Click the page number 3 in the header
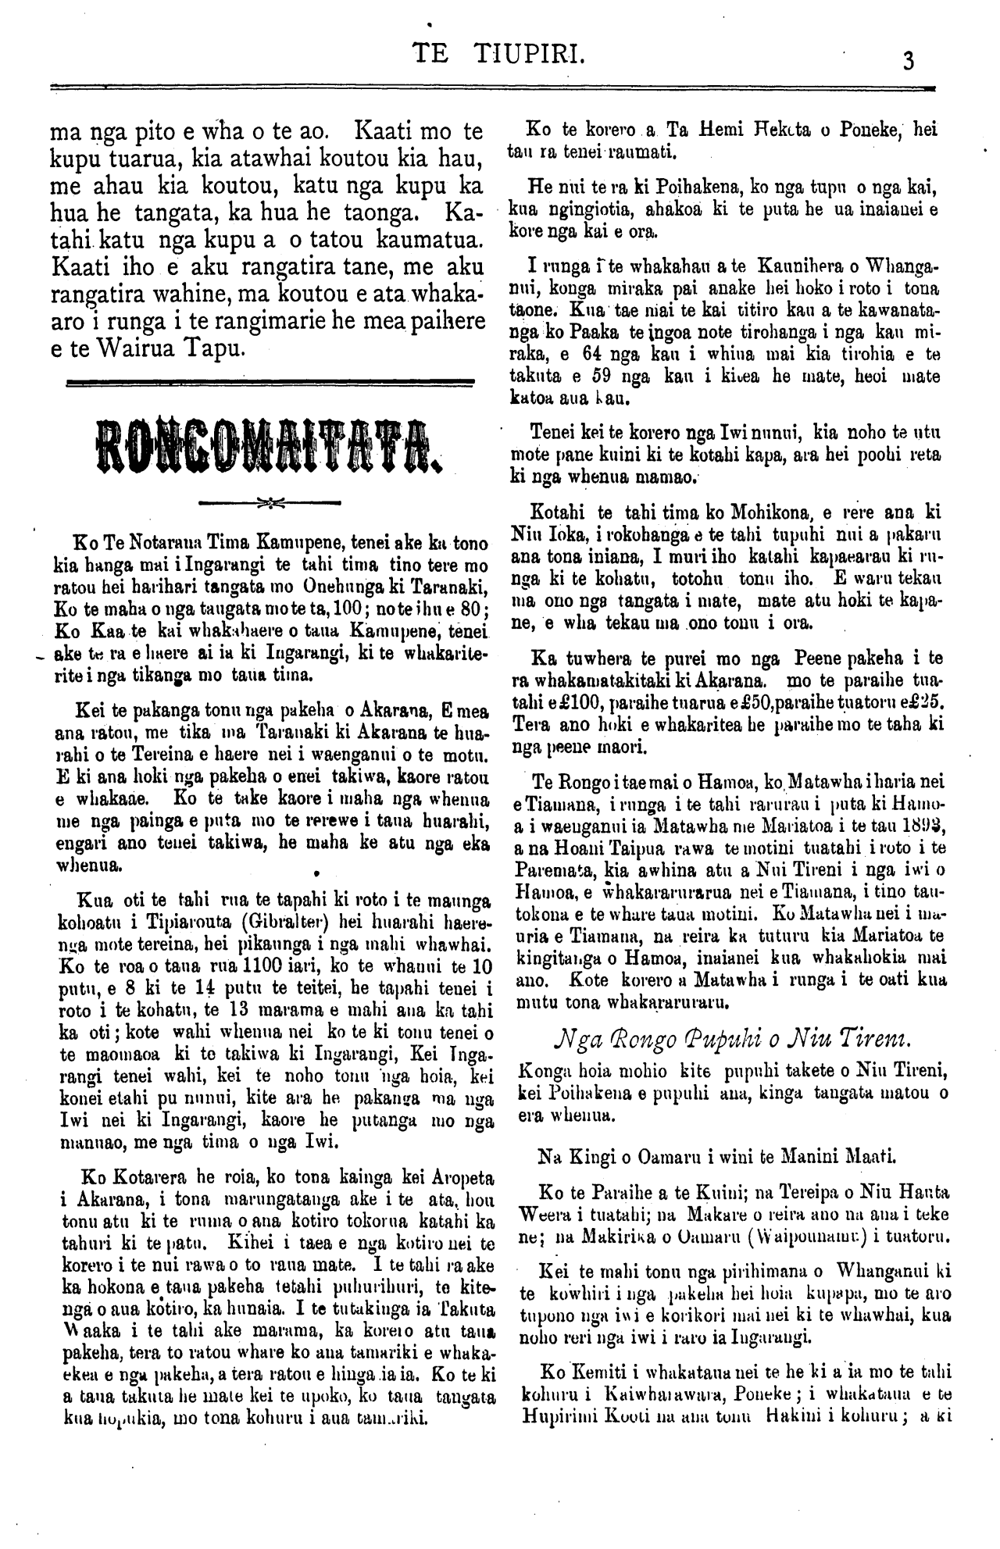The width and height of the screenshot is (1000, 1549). point(908,60)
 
